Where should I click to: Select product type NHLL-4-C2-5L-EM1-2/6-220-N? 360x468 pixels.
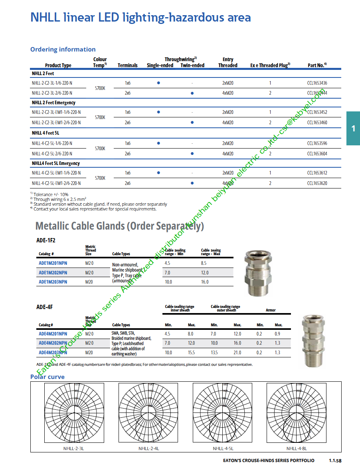coord(56,183)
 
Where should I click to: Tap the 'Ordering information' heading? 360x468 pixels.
coord(63,50)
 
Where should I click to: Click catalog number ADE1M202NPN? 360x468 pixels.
coord(53,273)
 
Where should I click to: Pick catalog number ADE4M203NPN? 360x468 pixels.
coord(53,353)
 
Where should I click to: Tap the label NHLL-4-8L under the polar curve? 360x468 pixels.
coord(296,448)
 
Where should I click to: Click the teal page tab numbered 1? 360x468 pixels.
coord(353,128)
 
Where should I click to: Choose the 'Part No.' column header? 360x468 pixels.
coord(317,65)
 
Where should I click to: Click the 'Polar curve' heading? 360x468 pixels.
coord(47,377)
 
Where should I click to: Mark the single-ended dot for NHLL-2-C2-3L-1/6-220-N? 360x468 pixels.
coord(158,83)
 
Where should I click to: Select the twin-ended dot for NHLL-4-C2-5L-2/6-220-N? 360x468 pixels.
coord(192,153)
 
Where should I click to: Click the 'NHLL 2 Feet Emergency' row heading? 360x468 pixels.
coord(53,103)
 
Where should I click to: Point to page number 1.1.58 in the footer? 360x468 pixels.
coord(335,460)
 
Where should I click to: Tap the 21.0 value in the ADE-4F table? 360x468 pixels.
coord(237,353)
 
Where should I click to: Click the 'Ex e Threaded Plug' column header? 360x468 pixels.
coord(270,65)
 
